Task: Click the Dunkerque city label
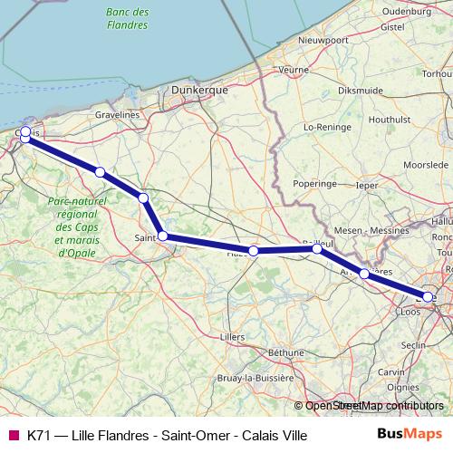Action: pos(198,91)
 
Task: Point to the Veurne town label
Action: pos(294,69)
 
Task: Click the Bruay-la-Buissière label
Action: pos(255,377)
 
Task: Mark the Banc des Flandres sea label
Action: pos(127,18)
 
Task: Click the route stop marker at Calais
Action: pos(25,132)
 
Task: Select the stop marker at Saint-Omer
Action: pos(162,236)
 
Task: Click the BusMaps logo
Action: pos(415,435)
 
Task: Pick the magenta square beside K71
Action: pos(13,436)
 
